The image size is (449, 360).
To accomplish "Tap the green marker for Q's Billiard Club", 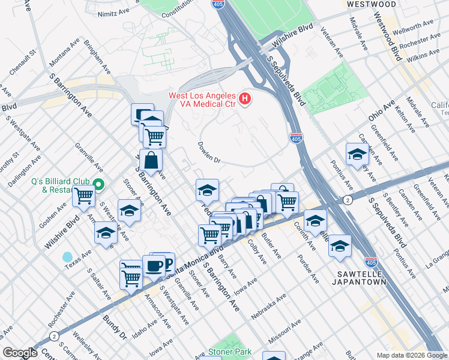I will (x=100, y=185).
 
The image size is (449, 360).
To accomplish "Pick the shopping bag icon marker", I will (x=151, y=160).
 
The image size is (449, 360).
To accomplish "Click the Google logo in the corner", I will (x=20, y=353).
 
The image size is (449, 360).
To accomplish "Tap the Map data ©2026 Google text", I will (x=411, y=355).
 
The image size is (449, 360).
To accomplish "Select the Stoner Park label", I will (x=228, y=352).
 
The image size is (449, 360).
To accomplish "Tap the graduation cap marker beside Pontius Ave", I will (x=357, y=155).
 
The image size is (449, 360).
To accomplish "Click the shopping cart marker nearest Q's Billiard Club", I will (x=83, y=195).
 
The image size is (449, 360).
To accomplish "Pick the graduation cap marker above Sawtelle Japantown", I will (x=340, y=246).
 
